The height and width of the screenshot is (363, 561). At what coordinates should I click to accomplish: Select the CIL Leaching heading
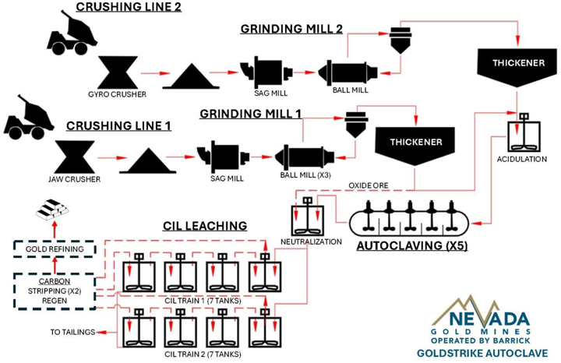pos(205,226)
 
